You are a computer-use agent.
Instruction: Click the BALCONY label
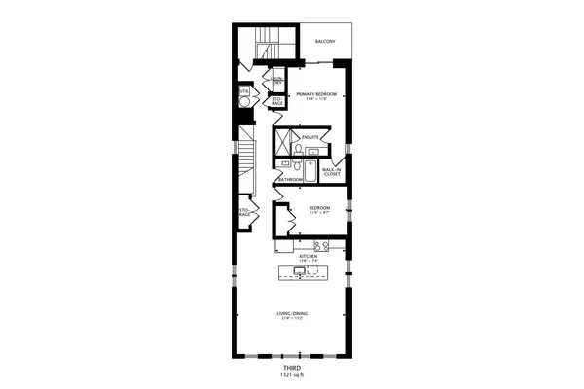tap(326, 42)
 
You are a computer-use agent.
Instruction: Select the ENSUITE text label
tap(310, 137)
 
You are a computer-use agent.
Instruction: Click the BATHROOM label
tap(290, 179)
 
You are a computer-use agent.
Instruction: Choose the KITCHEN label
tap(297, 256)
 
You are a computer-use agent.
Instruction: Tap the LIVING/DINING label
tap(291, 313)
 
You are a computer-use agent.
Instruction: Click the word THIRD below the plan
tap(291, 370)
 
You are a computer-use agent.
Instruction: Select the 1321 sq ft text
tap(291, 377)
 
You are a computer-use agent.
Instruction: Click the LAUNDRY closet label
tap(277, 81)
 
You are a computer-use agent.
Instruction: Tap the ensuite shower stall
tap(283, 144)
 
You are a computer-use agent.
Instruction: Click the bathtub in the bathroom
tap(309, 172)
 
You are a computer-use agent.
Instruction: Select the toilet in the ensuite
tap(298, 149)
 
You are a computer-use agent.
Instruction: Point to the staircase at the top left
tap(266, 43)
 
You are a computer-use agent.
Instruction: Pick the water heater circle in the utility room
tap(244, 99)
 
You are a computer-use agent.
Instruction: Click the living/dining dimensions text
tap(291, 319)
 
